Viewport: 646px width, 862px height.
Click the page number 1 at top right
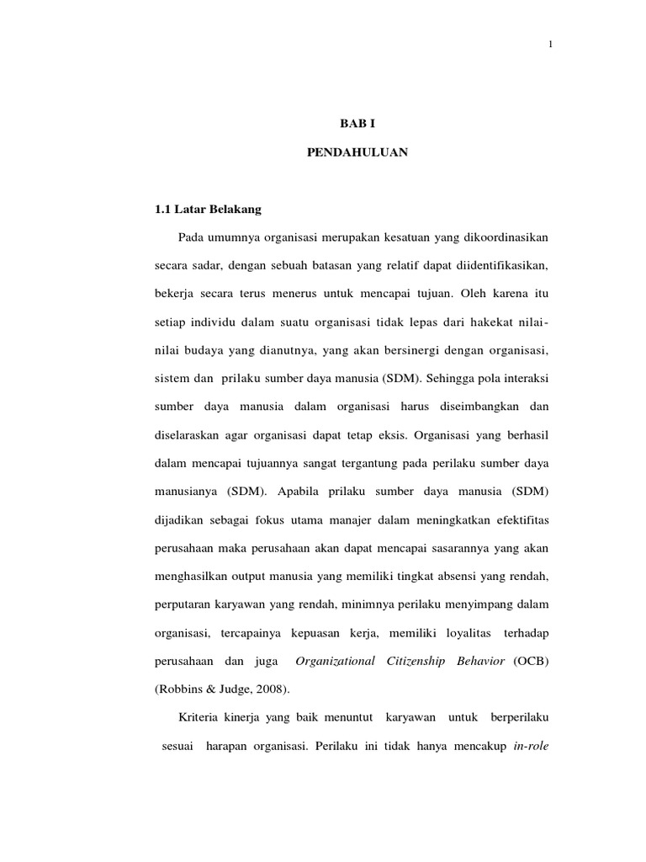pyautogui.click(x=549, y=45)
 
